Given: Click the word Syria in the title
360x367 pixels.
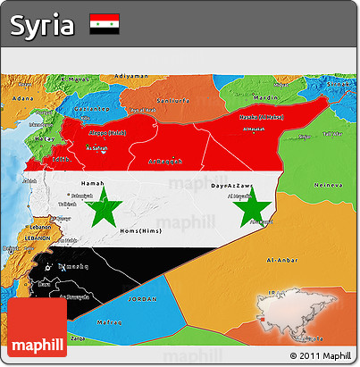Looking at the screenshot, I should click(42, 25).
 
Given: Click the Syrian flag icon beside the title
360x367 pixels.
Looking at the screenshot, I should click(105, 25).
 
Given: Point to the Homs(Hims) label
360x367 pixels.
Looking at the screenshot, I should click(138, 230).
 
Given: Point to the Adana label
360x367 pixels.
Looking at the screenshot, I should click(21, 96).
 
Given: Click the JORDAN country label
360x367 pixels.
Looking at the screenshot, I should click(141, 300).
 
